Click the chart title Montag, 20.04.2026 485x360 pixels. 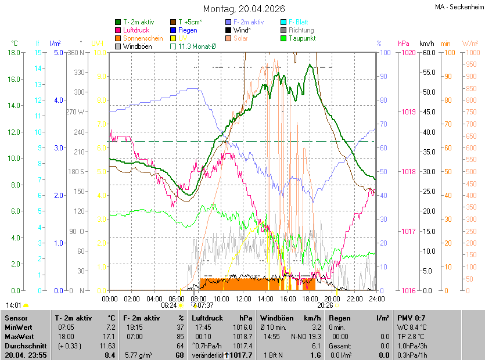[243, 9]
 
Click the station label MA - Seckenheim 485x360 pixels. [458, 8]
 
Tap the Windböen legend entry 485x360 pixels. [137, 46]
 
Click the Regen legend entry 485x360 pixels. [187, 30]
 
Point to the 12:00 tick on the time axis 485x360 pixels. [243, 298]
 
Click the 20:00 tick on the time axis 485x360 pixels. [332, 298]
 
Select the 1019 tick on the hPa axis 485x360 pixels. [408, 112]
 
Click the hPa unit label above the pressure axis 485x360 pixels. [403, 44]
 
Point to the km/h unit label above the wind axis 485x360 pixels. [426, 44]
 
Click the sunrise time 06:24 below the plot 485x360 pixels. [168, 305]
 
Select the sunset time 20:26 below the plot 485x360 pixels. [325, 305]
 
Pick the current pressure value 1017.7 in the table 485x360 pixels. [242, 355]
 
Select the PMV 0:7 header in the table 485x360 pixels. [411, 318]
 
